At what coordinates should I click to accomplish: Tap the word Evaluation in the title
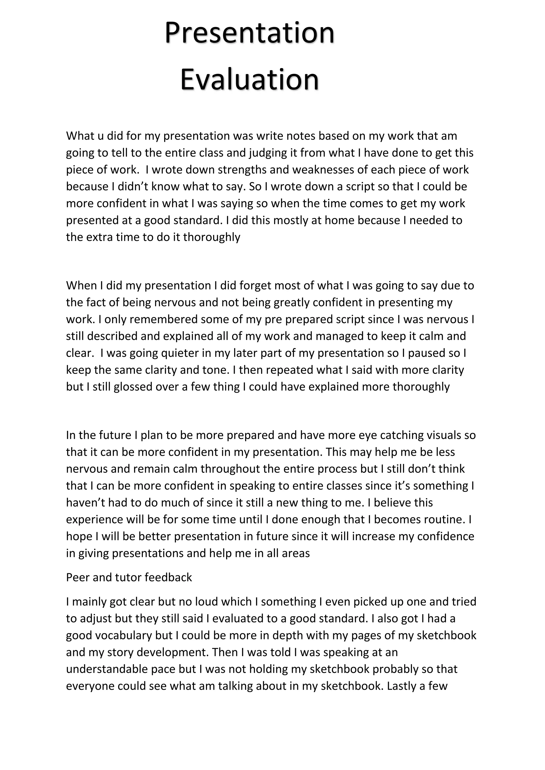pos(249,79)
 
